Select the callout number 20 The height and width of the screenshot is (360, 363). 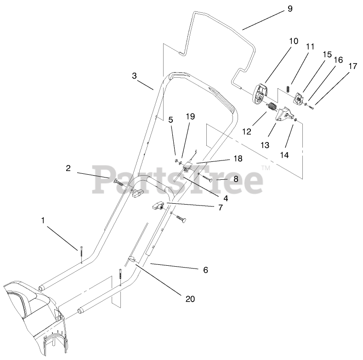click(190, 299)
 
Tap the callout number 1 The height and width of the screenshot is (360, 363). click(43, 221)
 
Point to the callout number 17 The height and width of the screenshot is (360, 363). click(352, 66)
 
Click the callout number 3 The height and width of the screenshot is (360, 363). click(134, 76)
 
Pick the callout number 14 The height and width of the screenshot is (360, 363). click(284, 155)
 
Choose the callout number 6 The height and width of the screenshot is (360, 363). click(205, 270)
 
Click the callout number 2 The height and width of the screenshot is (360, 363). click(68, 168)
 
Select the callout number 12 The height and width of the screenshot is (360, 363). click(247, 131)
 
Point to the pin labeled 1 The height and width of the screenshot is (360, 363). click(81, 253)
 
